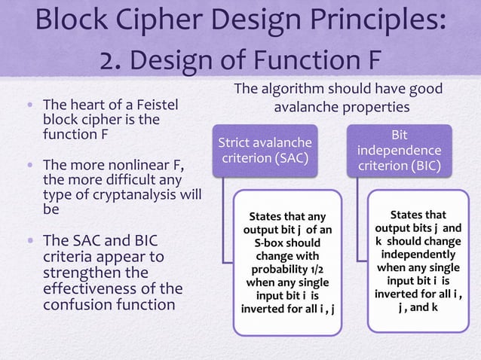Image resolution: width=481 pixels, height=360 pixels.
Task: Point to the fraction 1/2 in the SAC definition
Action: click(309, 269)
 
